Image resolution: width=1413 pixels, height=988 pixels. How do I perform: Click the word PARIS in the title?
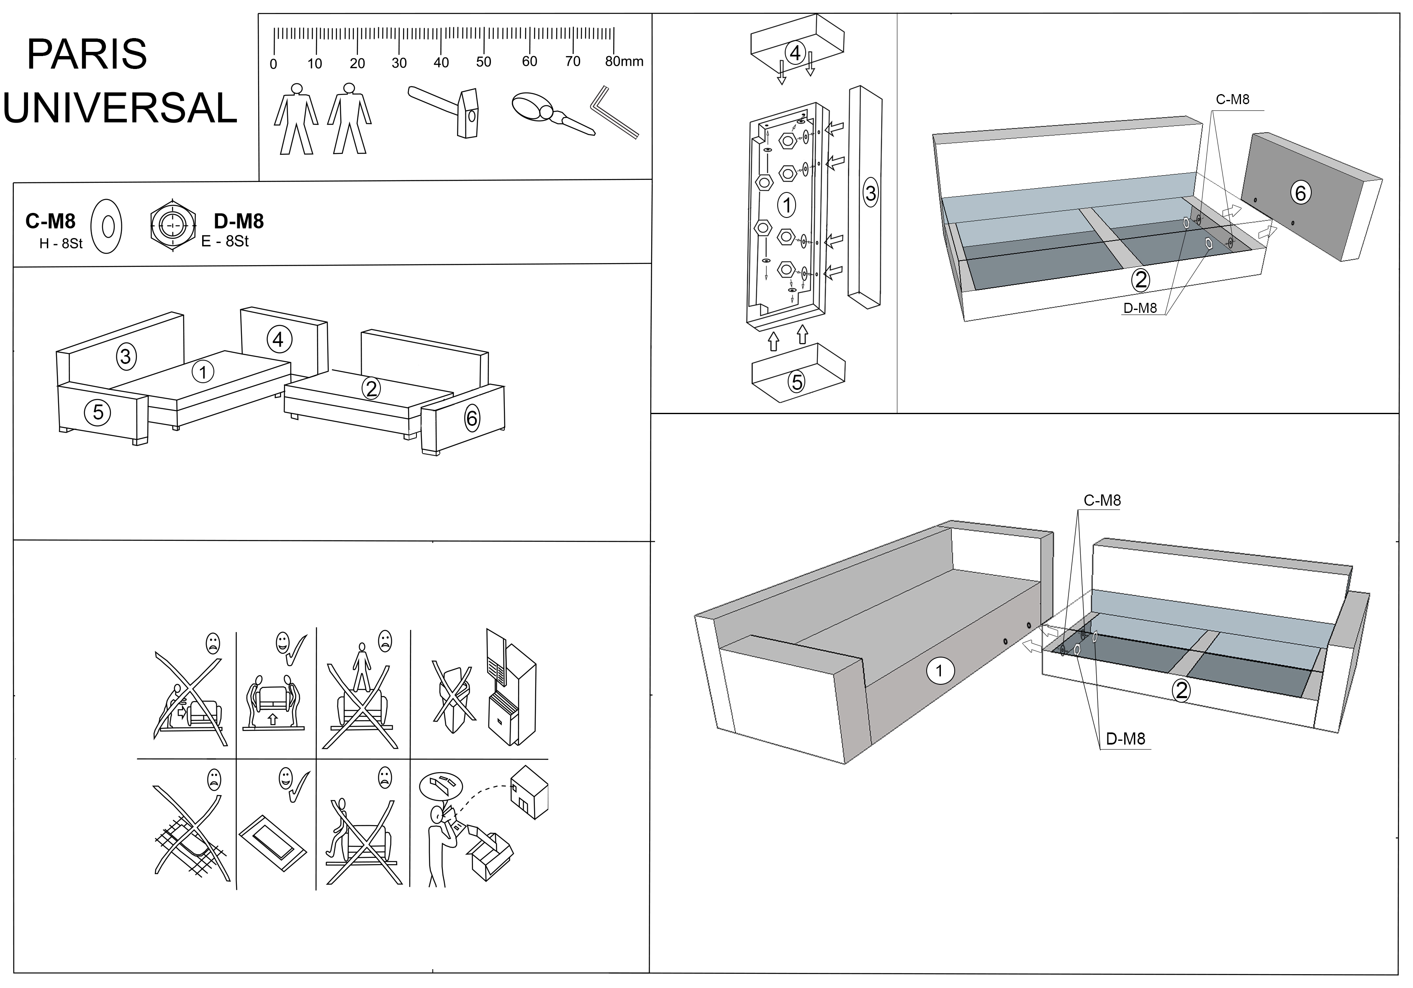tap(87, 54)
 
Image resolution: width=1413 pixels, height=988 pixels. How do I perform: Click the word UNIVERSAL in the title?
tap(120, 108)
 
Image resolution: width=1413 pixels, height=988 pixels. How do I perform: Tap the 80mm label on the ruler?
tap(624, 61)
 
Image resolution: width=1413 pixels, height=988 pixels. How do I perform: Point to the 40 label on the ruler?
tap(441, 62)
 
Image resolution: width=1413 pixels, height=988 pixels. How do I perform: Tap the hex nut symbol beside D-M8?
tap(174, 226)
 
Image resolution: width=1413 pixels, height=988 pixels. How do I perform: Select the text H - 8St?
tap(60, 243)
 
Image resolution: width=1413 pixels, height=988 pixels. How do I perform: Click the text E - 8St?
tap(225, 242)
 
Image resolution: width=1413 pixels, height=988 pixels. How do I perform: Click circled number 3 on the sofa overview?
tap(126, 356)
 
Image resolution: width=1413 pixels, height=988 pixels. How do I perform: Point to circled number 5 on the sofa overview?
tap(98, 412)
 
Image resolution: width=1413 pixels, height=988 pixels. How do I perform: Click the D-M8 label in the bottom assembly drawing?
tap(1125, 739)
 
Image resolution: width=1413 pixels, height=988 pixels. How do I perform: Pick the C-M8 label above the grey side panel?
tap(1232, 100)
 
